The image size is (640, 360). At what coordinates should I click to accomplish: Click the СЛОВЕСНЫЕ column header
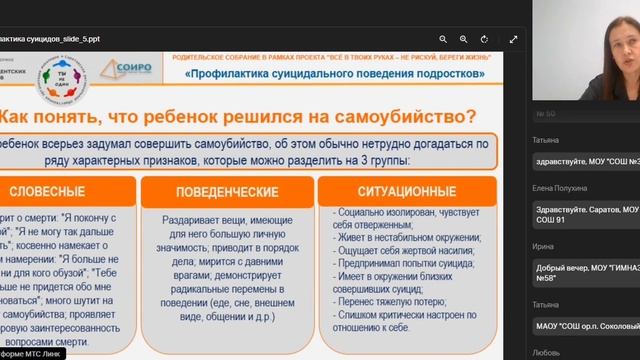coord(61,191)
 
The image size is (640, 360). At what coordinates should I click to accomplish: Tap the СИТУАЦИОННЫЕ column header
coord(405,190)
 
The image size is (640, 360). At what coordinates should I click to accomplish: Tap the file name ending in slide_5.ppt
coord(50,39)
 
